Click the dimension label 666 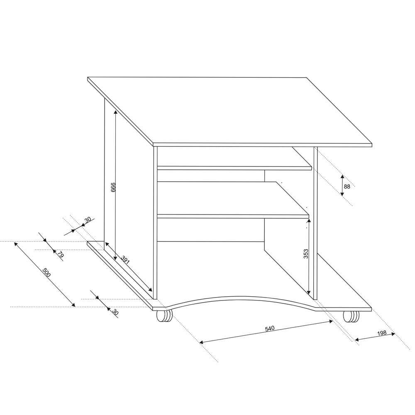(x=113, y=187)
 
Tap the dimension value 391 (x=125, y=260)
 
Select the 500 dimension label (x=46, y=273)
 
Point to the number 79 (x=61, y=255)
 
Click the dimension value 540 (x=270, y=328)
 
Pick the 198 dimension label (x=382, y=333)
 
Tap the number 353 (x=306, y=254)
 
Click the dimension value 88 (x=347, y=187)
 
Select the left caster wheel (x=164, y=316)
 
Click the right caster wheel (x=351, y=316)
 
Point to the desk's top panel (x=230, y=111)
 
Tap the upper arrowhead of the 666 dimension (x=115, y=112)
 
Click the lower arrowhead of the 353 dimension (x=309, y=292)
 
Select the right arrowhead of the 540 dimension (x=331, y=321)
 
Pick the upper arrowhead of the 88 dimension (x=342, y=176)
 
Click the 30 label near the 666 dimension (x=88, y=220)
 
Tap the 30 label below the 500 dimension (x=115, y=312)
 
